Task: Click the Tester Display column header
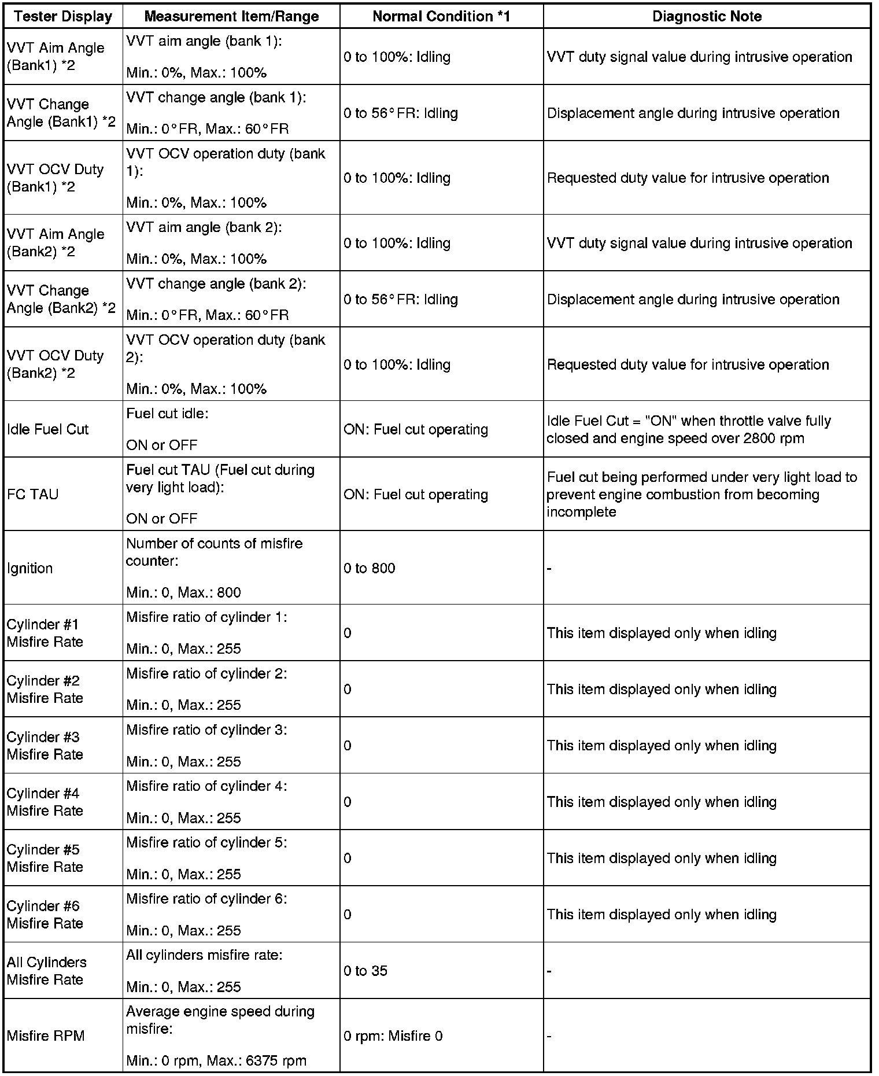tap(63, 16)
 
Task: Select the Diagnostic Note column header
tap(707, 16)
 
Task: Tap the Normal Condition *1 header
tap(441, 16)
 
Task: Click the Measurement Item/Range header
tap(231, 16)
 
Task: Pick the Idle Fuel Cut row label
tap(48, 429)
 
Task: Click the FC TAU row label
tap(32, 495)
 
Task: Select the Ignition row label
tap(30, 568)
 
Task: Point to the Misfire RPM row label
tap(46, 1036)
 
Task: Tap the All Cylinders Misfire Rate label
tap(47, 971)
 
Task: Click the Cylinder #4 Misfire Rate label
tap(45, 802)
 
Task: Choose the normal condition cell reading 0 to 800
tap(370, 568)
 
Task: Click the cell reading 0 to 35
tap(365, 971)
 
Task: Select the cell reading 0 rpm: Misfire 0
tap(393, 1036)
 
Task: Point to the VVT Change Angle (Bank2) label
tap(61, 299)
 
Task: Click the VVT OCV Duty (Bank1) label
tap(55, 178)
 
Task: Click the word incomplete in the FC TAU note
tap(581, 512)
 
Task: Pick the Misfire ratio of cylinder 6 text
tap(206, 898)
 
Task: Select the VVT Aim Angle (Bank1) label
tap(56, 57)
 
